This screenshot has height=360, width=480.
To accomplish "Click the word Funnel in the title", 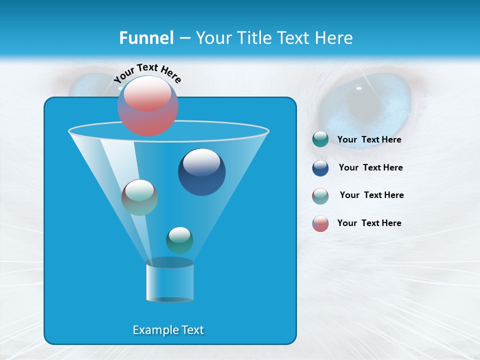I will coord(146,38).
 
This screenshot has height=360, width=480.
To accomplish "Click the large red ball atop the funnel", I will coord(148,105).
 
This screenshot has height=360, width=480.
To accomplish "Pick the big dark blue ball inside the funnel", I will coord(201,172).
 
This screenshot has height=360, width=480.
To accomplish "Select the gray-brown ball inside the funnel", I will coord(139,197).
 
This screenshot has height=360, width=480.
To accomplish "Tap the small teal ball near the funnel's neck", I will coord(179,240).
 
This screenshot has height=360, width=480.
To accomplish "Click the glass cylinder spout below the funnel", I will coord(169,281).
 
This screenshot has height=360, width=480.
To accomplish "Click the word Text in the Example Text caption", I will coord(190,330).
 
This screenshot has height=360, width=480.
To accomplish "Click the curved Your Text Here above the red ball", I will coord(147,73).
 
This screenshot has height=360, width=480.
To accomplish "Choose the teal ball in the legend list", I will coord(320,139).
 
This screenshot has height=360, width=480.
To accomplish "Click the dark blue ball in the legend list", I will coord(320,168).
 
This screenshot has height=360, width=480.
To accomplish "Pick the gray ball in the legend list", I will coord(320,196).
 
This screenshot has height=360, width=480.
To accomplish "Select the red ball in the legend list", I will coord(320,223).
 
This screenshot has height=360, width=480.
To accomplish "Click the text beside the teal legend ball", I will coord(369,140).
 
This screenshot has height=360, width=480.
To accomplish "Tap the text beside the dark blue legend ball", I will coord(370,168).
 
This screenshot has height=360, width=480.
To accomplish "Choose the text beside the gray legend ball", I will coord(371,195).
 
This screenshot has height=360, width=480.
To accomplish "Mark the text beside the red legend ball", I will coord(369,223).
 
